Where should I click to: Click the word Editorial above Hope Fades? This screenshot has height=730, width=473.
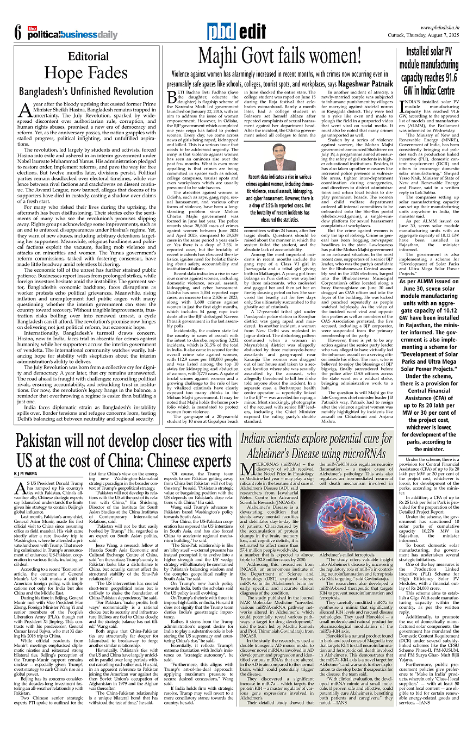pos(88,56)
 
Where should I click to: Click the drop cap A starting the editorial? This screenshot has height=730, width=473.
pos(26,110)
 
